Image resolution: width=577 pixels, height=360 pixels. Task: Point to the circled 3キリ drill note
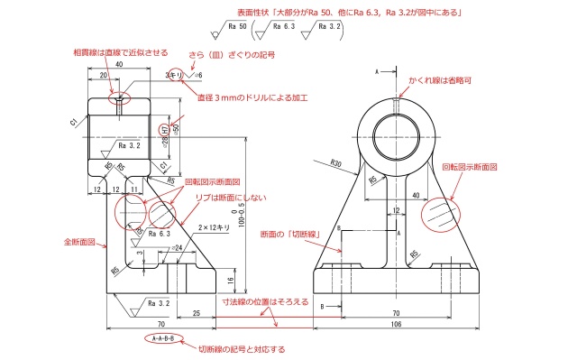175,76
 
